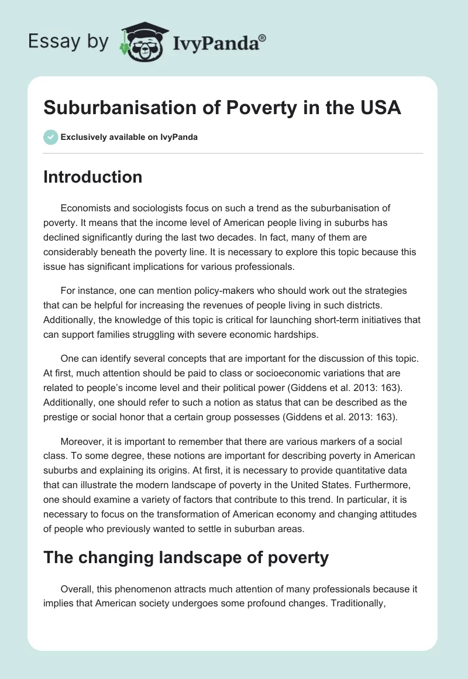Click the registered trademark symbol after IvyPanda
pos(262,37)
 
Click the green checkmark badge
pos(51,137)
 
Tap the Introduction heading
pos(92,177)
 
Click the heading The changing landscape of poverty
pos(186,557)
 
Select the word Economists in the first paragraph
pos(87,208)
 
